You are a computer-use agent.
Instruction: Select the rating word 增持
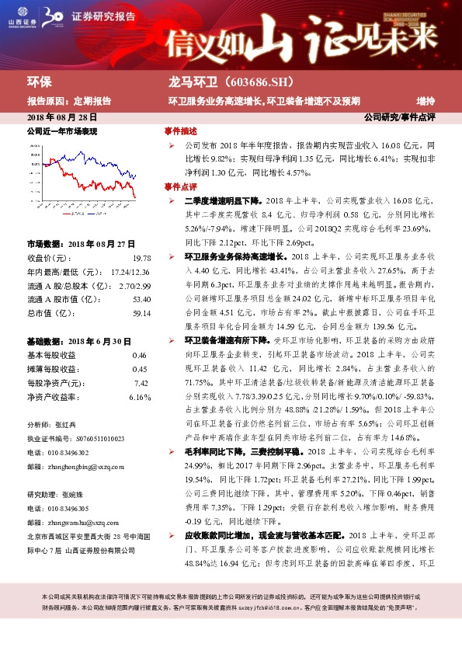[x=425, y=100]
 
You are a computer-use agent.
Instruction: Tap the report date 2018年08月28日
[x=61, y=117]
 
